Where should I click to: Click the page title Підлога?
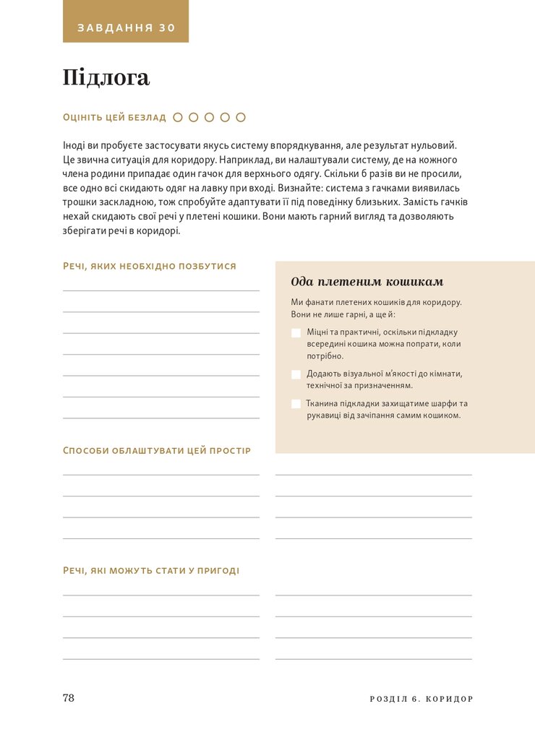pyautogui.click(x=106, y=77)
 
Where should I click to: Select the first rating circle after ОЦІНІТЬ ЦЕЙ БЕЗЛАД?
pyautogui.click(x=178, y=117)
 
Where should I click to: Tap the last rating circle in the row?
pyautogui.click(x=241, y=117)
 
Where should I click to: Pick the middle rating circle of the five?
pyautogui.click(x=209, y=117)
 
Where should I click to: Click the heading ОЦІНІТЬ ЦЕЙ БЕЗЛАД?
pyautogui.click(x=114, y=117)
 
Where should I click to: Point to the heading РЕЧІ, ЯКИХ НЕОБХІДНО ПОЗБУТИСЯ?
pyautogui.click(x=150, y=266)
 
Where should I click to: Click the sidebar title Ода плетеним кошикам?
pyautogui.click(x=367, y=282)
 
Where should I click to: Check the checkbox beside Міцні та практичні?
pyautogui.click(x=296, y=333)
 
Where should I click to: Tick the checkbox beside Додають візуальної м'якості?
pyautogui.click(x=296, y=374)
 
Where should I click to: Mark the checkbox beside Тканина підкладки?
pyautogui.click(x=296, y=404)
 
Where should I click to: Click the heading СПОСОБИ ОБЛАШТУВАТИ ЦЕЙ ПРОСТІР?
pyautogui.click(x=157, y=450)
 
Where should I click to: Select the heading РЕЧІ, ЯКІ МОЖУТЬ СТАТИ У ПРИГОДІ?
pyautogui.click(x=151, y=570)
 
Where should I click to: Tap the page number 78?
pyautogui.click(x=69, y=698)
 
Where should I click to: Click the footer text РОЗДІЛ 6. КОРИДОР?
pyautogui.click(x=421, y=700)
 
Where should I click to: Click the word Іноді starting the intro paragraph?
pyautogui.click(x=75, y=145)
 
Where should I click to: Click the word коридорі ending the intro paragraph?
pyautogui.click(x=160, y=231)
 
